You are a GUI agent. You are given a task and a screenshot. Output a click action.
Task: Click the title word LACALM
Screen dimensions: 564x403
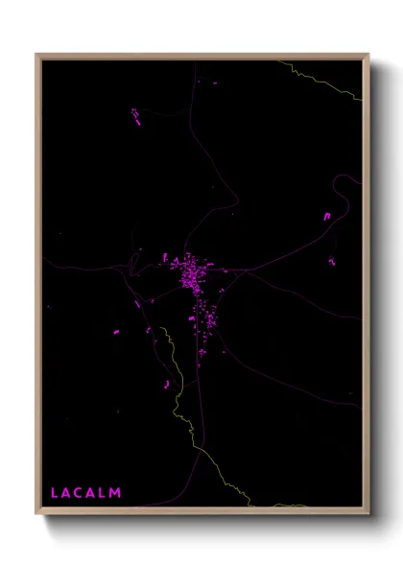[x=86, y=493]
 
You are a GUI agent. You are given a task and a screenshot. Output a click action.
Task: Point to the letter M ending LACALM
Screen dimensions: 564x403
[x=116, y=493]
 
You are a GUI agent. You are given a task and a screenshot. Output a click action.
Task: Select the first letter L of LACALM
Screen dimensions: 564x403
[x=55, y=493]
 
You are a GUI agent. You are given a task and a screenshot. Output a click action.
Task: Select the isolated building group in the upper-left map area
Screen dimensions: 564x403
[x=136, y=116]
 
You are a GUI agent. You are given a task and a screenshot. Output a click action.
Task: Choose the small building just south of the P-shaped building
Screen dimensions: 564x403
[x=332, y=260]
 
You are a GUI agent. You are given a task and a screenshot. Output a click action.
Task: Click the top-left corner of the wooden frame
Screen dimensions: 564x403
[x=37, y=55]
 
